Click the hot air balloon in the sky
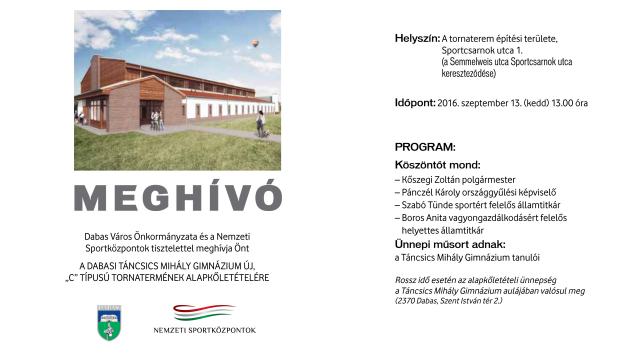tap(255, 44)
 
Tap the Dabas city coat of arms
tap(109, 323)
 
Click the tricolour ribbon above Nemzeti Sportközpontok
tap(204, 313)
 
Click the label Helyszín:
tap(417, 38)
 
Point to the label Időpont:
tap(415, 103)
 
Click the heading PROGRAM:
tap(425, 147)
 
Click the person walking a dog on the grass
tap(260, 124)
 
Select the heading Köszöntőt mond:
tap(437, 165)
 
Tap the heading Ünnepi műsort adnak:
tap(450, 244)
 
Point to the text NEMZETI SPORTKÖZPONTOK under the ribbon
tap(204, 330)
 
